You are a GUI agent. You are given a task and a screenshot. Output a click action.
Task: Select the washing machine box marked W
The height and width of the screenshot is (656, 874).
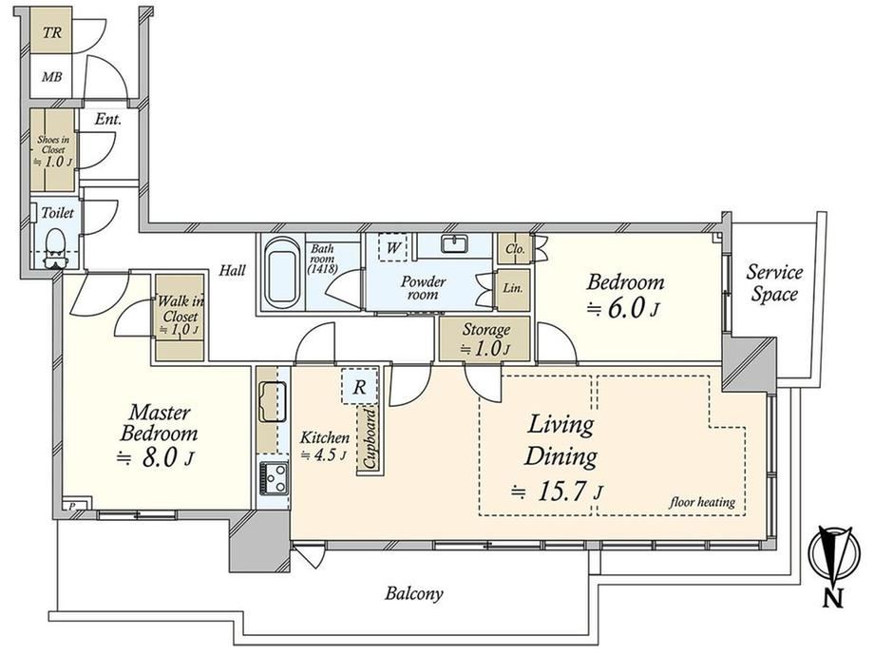392,247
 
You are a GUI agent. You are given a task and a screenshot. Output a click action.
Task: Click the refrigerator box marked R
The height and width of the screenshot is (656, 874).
359,386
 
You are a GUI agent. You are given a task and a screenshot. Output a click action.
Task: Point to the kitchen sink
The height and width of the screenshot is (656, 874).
273,401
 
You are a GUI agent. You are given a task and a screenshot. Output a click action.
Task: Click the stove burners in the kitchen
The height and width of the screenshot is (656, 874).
274,478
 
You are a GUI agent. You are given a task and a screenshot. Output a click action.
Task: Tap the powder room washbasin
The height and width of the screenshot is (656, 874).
455,244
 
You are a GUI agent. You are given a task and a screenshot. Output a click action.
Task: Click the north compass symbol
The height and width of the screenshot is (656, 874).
832,565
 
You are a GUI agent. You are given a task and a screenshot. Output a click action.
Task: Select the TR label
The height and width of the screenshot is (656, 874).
52,33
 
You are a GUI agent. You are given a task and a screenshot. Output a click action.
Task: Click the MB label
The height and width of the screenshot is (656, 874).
52,77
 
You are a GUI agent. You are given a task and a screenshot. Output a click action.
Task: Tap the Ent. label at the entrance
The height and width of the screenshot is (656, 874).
108,119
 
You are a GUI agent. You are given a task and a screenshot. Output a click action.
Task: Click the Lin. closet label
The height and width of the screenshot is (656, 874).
513,288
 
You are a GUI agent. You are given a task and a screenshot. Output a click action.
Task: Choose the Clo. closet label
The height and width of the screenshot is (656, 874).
515,248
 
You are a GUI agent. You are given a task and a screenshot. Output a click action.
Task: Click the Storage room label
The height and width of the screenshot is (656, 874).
486,330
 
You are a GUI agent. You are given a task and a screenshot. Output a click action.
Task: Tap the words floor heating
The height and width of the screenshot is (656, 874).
702,502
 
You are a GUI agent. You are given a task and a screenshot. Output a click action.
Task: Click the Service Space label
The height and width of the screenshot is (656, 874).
774,282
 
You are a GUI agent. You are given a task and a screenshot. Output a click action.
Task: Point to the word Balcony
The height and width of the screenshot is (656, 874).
414,593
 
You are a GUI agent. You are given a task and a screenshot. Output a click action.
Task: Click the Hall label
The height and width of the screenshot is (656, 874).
232,271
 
